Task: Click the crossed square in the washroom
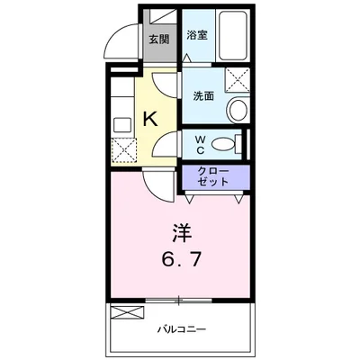click(x=238, y=82)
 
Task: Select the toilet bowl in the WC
click(x=228, y=143)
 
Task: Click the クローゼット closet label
click(x=212, y=175)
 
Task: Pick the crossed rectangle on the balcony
click(x=127, y=313)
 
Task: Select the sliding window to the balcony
click(x=180, y=300)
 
